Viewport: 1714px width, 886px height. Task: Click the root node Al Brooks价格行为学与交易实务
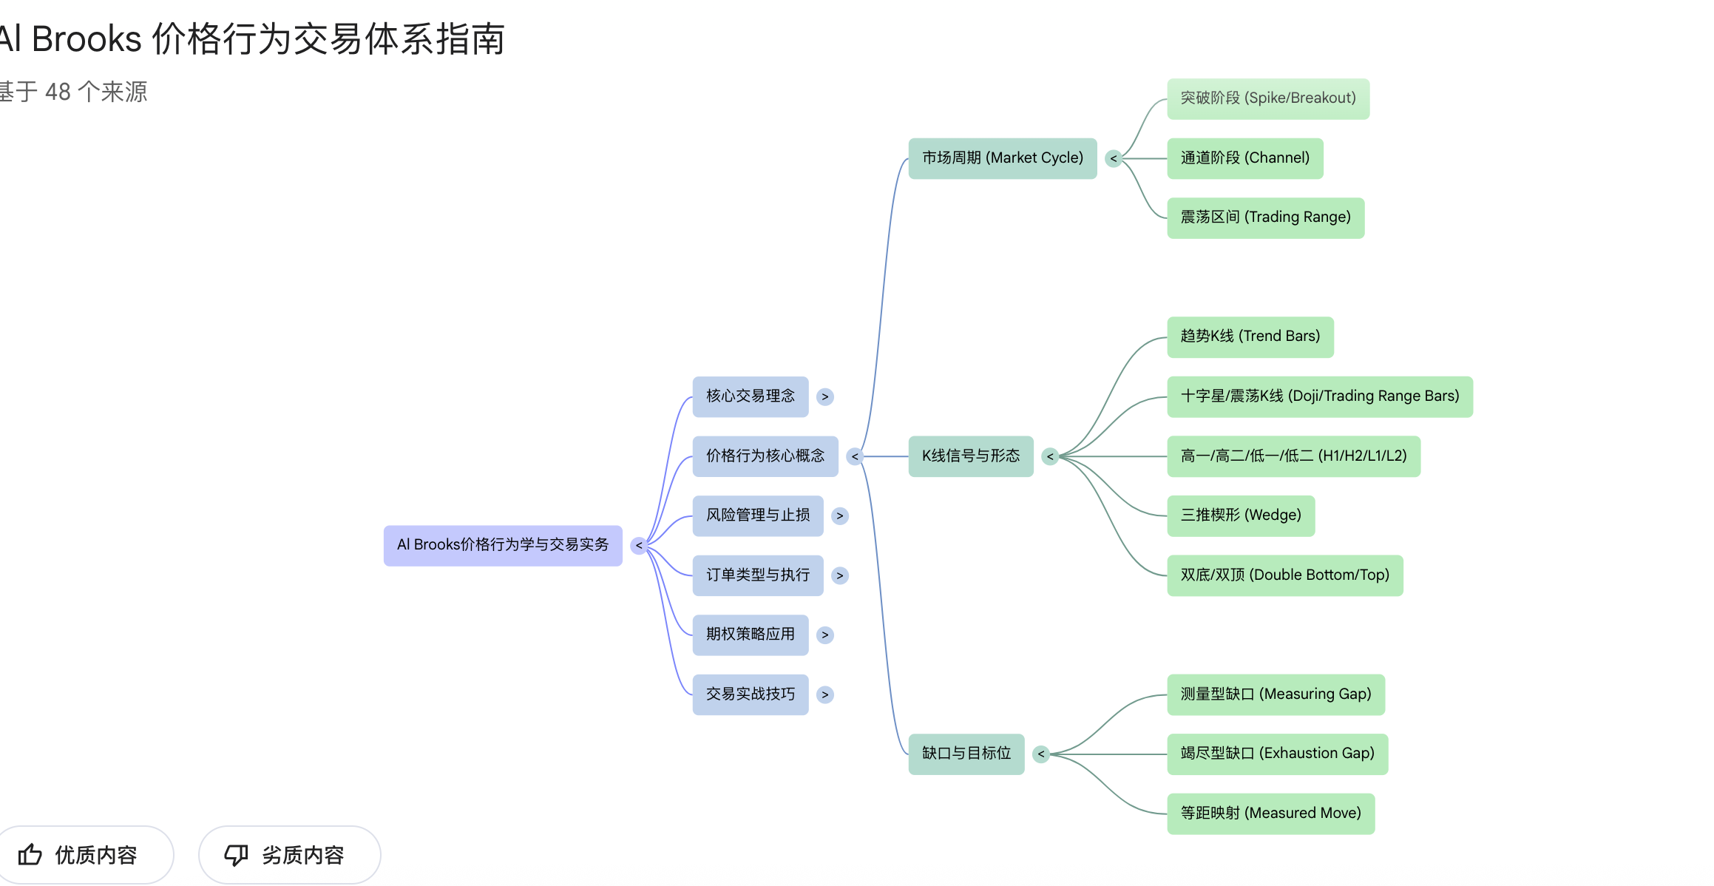pyautogui.click(x=502, y=545)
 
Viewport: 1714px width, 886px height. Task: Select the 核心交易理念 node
pyautogui.click(x=750, y=396)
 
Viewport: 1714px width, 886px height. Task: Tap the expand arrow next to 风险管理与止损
pyautogui.click(x=839, y=515)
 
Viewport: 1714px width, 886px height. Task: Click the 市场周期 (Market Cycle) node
pyautogui.click(x=1002, y=158)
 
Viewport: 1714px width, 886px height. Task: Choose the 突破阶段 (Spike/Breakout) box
pyautogui.click(x=1267, y=98)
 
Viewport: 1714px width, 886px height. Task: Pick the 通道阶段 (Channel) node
pyautogui.click(x=1244, y=158)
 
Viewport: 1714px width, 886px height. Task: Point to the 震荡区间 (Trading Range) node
pyautogui.click(x=1265, y=217)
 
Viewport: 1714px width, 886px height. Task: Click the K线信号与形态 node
pyautogui.click(x=970, y=456)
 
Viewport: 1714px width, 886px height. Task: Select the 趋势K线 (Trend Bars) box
pyautogui.click(x=1250, y=337)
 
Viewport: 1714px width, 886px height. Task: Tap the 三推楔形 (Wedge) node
pyautogui.click(x=1240, y=515)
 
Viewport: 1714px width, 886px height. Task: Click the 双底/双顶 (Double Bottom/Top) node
pyautogui.click(x=1284, y=575)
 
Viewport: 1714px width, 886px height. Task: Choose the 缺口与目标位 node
pyautogui.click(x=966, y=754)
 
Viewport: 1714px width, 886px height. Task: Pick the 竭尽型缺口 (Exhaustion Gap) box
pyautogui.click(x=1277, y=754)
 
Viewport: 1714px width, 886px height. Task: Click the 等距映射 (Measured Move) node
pyautogui.click(x=1270, y=814)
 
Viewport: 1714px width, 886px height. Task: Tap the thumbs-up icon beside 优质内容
pyautogui.click(x=30, y=855)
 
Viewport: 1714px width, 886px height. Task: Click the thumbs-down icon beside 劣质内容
pyautogui.click(x=236, y=855)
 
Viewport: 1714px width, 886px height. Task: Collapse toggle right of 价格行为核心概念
pyautogui.click(x=855, y=456)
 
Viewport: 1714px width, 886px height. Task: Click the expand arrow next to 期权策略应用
pyautogui.click(x=825, y=635)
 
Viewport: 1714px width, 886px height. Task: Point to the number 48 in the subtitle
pyautogui.click(x=58, y=92)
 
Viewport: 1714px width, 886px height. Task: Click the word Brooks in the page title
pyautogui.click(x=87, y=38)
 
